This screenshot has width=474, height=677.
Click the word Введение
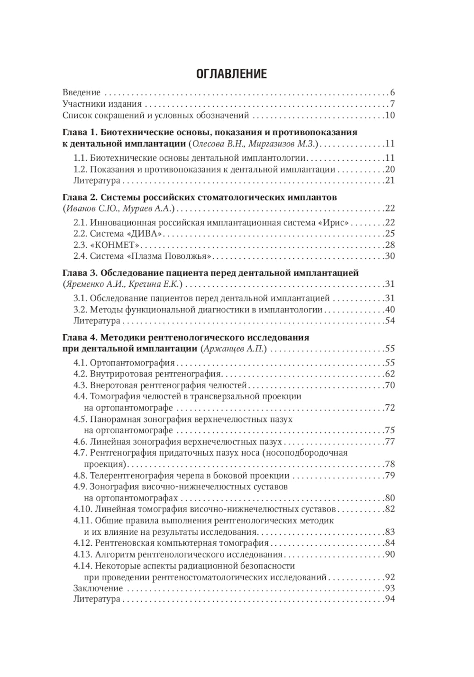point(82,92)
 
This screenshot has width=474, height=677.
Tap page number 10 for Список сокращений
point(390,115)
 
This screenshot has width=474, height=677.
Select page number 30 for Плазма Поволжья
point(390,256)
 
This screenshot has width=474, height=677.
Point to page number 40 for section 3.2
point(390,310)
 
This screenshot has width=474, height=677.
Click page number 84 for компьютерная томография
point(390,543)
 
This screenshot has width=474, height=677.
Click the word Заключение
point(98,588)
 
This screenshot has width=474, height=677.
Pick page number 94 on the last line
point(390,599)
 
